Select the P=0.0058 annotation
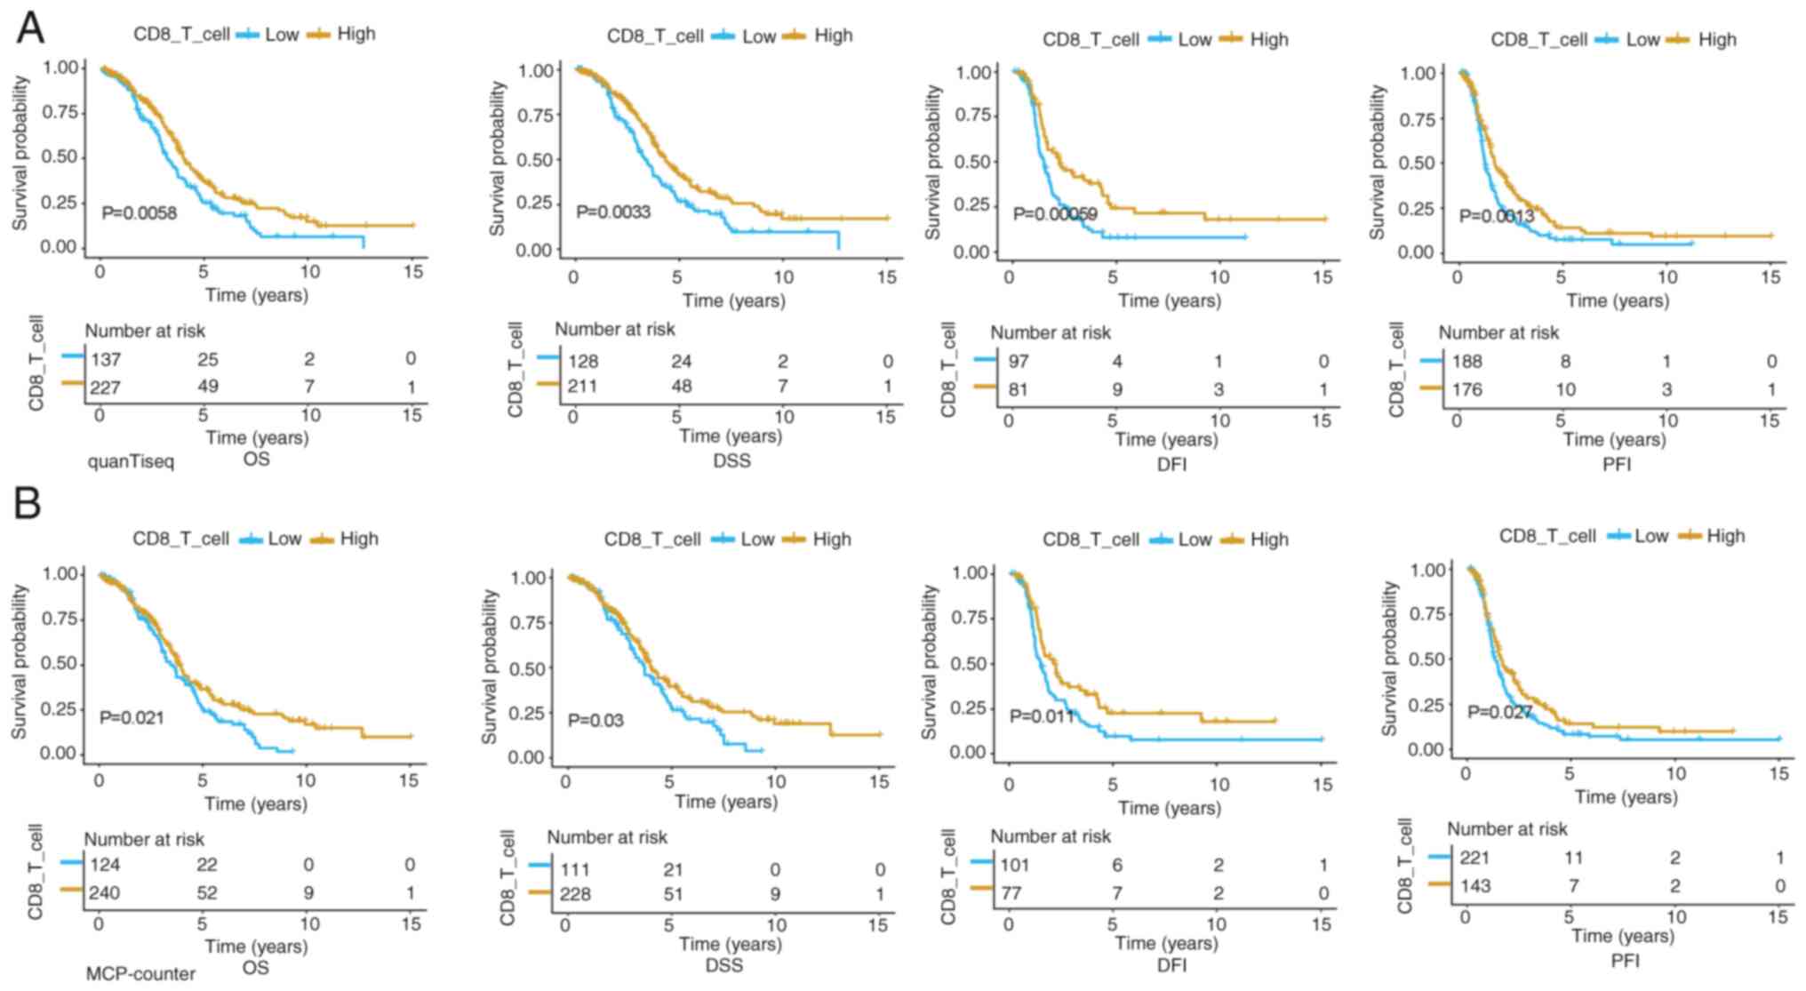(139, 213)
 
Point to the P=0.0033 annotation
(613, 212)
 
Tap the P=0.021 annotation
(132, 717)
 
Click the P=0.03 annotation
(595, 720)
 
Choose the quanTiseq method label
(131, 462)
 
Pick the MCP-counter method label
(140, 974)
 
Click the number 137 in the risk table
(105, 359)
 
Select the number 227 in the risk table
(105, 387)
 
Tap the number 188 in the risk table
(1466, 362)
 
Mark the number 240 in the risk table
(104, 892)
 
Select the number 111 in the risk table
(575, 870)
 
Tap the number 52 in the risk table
(207, 892)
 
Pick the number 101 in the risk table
(1015, 865)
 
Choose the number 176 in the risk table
(1466, 389)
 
